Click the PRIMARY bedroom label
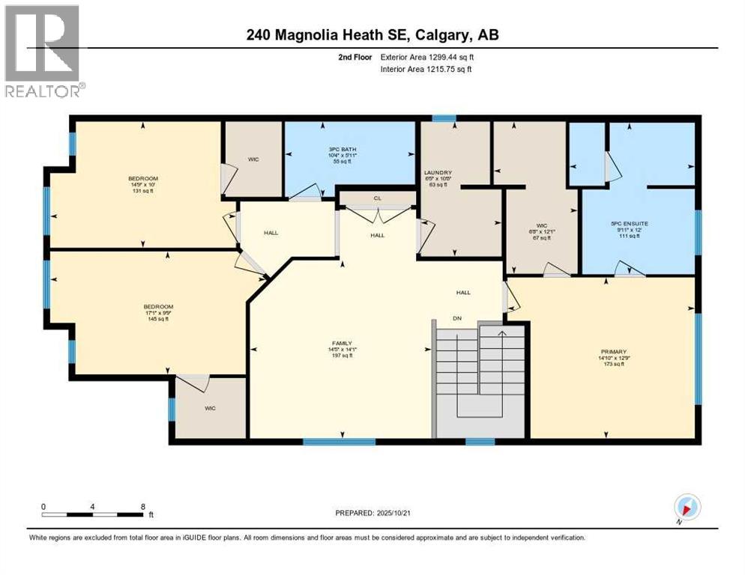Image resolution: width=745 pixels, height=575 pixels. tap(613, 351)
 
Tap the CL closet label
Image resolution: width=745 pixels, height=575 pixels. tap(378, 199)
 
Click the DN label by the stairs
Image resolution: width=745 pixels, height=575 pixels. tap(456, 318)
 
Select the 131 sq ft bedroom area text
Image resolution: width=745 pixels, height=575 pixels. tap(142, 190)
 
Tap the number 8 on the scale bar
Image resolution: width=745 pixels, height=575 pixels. tap(142, 506)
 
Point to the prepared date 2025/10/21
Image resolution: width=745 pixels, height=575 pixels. tap(374, 513)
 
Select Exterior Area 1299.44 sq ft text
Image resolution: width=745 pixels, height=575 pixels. tap(427, 56)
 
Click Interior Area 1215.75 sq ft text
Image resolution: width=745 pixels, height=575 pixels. tap(426, 69)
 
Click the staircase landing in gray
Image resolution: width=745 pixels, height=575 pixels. tap(480, 419)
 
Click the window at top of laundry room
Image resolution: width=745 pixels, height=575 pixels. tap(444, 118)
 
